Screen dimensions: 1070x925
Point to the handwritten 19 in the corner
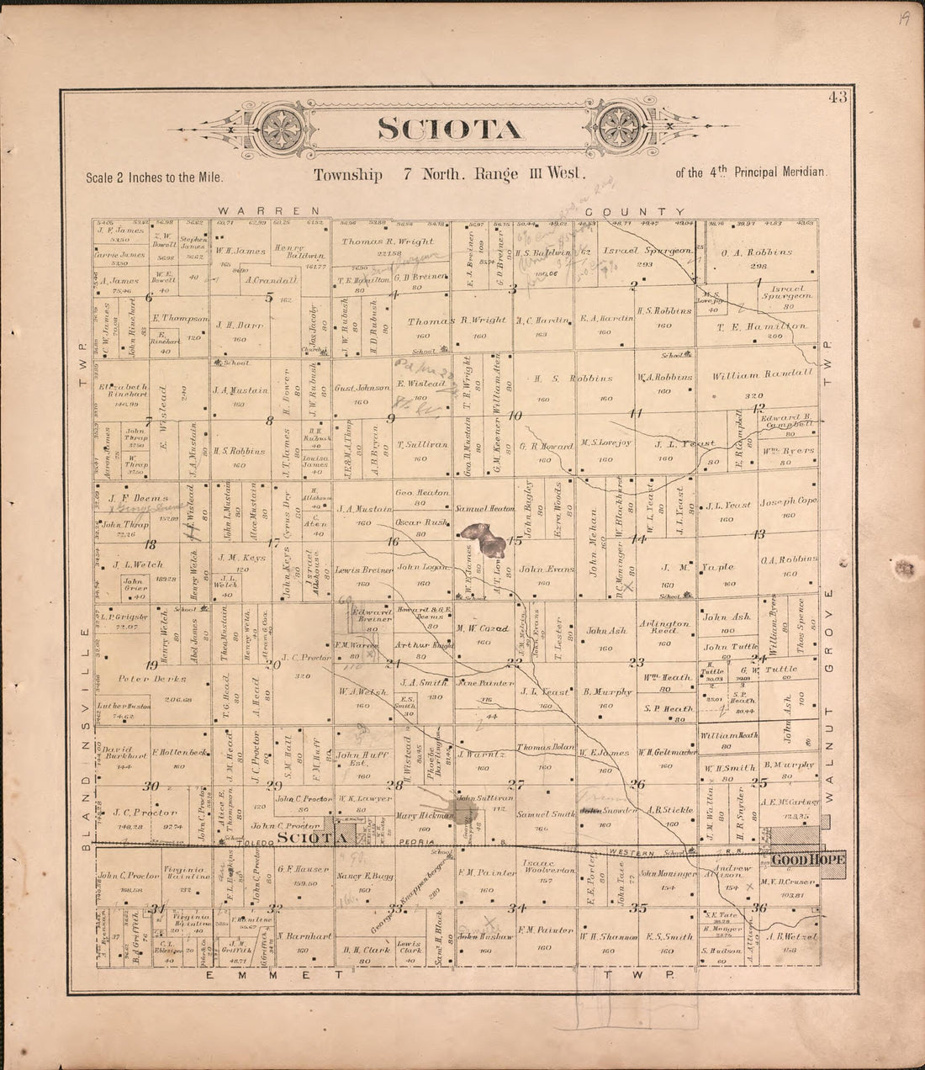[x=902, y=18]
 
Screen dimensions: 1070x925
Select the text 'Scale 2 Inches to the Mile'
[x=154, y=177]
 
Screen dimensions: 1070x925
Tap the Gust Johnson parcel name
[x=362, y=389]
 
